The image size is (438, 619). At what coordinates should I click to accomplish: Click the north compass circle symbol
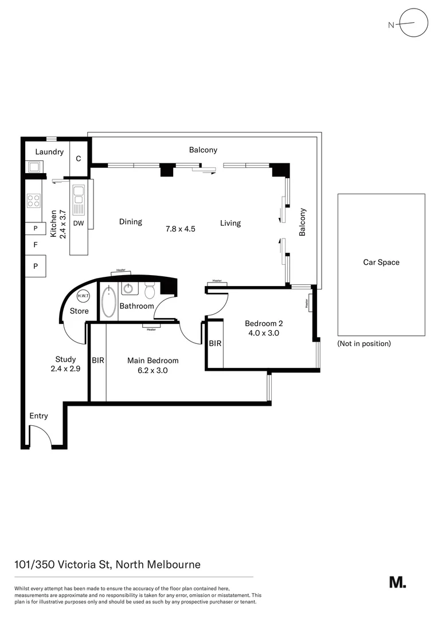(414, 23)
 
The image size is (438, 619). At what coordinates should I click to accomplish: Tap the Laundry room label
(49, 152)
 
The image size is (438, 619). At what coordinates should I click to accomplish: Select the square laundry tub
(33, 167)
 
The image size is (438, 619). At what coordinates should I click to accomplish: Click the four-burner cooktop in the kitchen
(34, 201)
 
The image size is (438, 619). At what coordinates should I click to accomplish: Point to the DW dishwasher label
(79, 224)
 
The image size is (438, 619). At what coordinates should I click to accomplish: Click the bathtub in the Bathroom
(109, 301)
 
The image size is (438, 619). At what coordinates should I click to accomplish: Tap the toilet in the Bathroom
(150, 291)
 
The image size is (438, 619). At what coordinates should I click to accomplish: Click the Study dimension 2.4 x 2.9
(65, 369)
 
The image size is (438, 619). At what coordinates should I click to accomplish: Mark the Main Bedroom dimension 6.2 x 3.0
(152, 370)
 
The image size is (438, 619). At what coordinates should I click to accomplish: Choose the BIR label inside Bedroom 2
(215, 344)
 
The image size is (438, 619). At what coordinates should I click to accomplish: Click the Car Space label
(381, 263)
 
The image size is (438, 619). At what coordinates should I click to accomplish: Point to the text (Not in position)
(364, 344)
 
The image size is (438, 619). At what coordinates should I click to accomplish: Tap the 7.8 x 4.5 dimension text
(181, 228)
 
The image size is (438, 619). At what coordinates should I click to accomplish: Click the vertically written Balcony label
(303, 222)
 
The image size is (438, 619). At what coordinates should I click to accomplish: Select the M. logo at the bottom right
(397, 582)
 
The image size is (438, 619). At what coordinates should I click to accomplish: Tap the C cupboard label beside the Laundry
(79, 159)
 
